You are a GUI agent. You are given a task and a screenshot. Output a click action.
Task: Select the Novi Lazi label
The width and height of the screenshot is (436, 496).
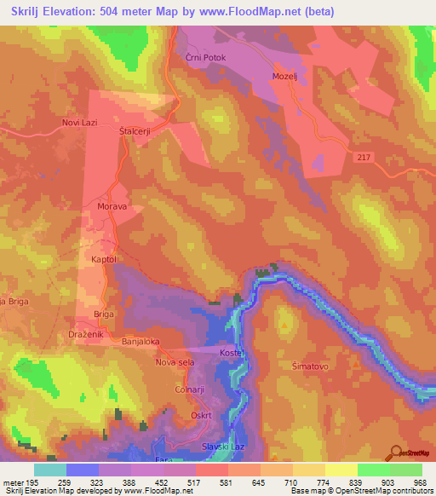pos(80,123)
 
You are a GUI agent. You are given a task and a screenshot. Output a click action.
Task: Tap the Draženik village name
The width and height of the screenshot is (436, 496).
pos(86,335)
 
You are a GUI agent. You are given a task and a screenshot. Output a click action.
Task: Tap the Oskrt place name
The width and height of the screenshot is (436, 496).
pos(201,416)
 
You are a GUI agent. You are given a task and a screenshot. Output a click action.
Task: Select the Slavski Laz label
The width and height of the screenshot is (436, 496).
pos(223,447)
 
